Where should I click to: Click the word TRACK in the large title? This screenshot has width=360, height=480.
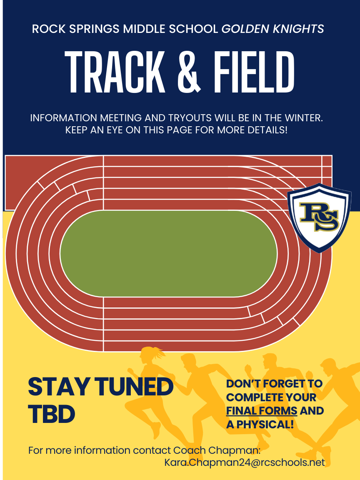click(x=115, y=72)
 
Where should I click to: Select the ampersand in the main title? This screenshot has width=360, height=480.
click(x=190, y=72)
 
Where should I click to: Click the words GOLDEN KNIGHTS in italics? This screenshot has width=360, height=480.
click(x=272, y=29)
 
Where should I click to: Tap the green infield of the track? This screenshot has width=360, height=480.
click(x=169, y=253)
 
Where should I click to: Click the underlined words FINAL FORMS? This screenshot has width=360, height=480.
click(x=262, y=411)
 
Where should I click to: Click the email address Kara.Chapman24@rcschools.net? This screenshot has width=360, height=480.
click(x=245, y=462)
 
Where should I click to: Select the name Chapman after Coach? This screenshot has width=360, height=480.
click(x=235, y=450)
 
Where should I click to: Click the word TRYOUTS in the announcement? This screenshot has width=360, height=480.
click(x=189, y=118)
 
